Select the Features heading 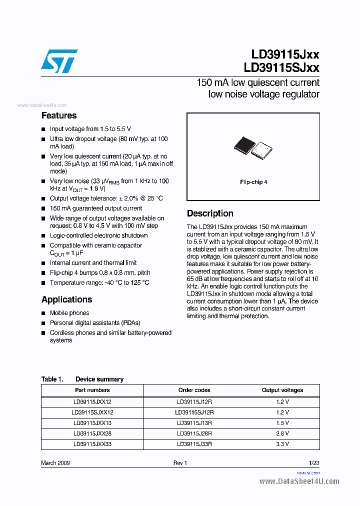[x=59, y=115]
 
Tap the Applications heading [x=66, y=299]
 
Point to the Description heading [x=210, y=213]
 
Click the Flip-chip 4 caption [x=253, y=182]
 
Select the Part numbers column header [x=92, y=390]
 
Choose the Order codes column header [x=194, y=390]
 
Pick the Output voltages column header [x=282, y=390]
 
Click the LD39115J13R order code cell [x=194, y=423]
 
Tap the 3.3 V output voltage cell [x=282, y=443]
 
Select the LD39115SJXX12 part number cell [x=92, y=412]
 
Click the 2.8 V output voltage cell [x=282, y=433]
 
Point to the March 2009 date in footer [x=55, y=463]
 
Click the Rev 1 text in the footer [x=180, y=463]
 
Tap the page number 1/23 [x=314, y=463]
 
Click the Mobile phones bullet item [x=69, y=313]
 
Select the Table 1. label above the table [x=52, y=379]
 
